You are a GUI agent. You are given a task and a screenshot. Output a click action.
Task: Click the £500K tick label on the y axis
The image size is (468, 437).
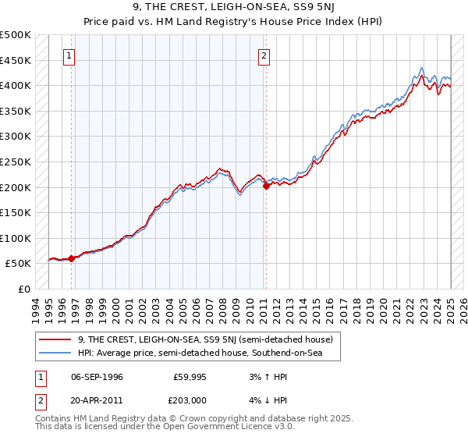[x=16, y=35]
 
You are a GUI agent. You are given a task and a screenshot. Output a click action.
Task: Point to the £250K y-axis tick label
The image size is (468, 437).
[x=16, y=162]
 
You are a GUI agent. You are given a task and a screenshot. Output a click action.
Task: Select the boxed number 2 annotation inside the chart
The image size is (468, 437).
[x=265, y=55]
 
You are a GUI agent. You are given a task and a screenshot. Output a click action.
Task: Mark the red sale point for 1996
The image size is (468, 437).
[x=71, y=258]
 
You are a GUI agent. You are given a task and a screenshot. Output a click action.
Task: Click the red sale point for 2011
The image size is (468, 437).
[x=266, y=186]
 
